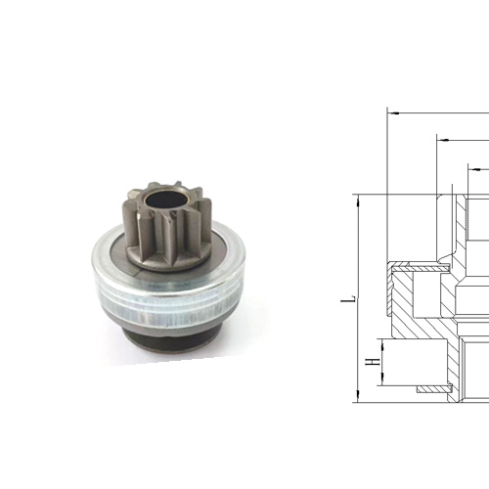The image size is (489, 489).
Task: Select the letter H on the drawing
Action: [371, 363]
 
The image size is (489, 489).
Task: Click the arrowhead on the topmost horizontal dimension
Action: [393, 111]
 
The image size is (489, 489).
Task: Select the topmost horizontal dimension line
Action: [440, 111]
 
